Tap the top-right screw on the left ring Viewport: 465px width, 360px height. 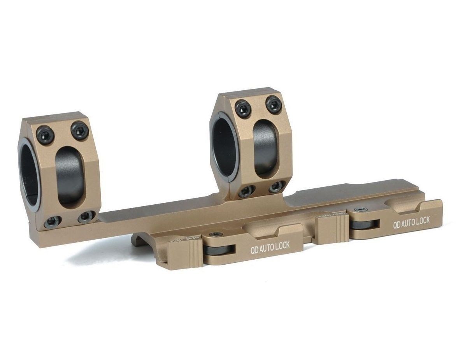pos(80,130)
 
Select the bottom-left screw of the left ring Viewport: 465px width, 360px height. pos(52,221)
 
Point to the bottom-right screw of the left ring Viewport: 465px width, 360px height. pos(86,216)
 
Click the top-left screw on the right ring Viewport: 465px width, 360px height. pos(243,109)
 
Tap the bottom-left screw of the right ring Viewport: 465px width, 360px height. pos(247,191)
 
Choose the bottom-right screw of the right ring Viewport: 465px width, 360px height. pos(277,186)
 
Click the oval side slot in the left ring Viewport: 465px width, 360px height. pos(70,176)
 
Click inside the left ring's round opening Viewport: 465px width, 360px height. pos(29,177)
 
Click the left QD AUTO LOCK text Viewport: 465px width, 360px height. pos(269,247)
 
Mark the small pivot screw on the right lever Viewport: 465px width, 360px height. pos(361,210)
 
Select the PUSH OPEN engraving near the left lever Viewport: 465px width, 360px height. pos(183,241)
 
